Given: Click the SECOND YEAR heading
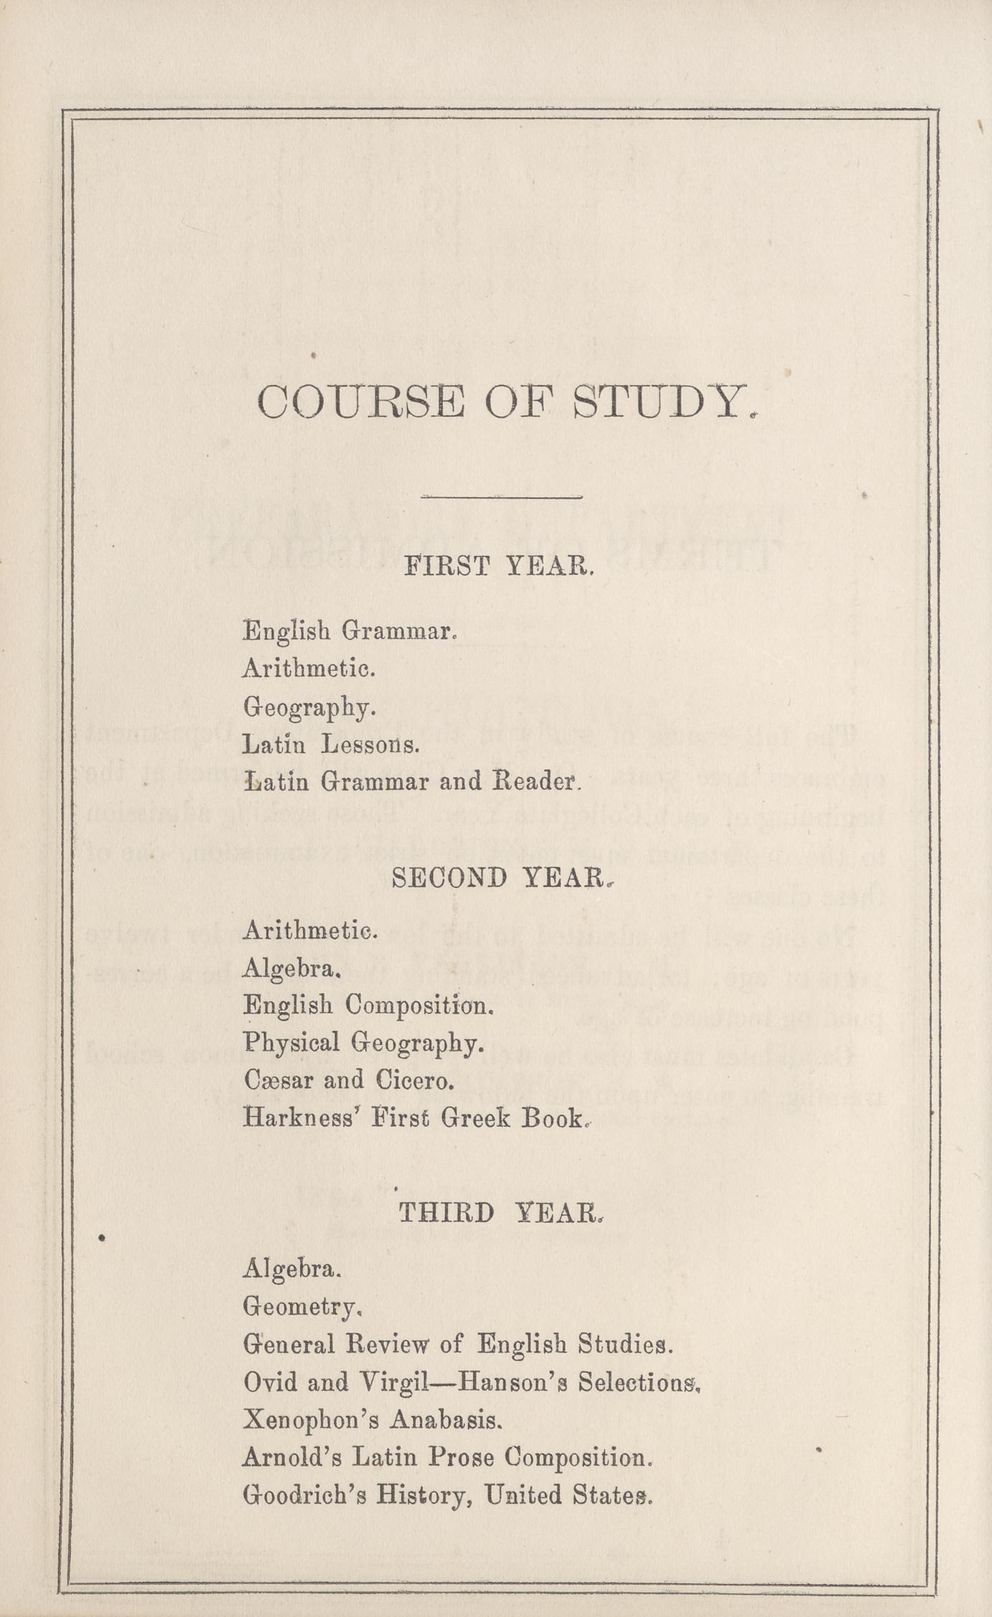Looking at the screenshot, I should (x=500, y=879).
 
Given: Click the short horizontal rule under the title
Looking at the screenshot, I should (x=501, y=496).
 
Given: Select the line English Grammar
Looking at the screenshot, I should (x=349, y=631).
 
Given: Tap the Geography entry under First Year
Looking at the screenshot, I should (x=309, y=708).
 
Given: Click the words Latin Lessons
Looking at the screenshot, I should (x=330, y=745).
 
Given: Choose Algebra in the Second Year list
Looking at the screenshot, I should (x=290, y=969).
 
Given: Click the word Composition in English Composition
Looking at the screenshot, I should (x=419, y=1006).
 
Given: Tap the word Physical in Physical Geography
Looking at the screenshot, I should (x=292, y=1043).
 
